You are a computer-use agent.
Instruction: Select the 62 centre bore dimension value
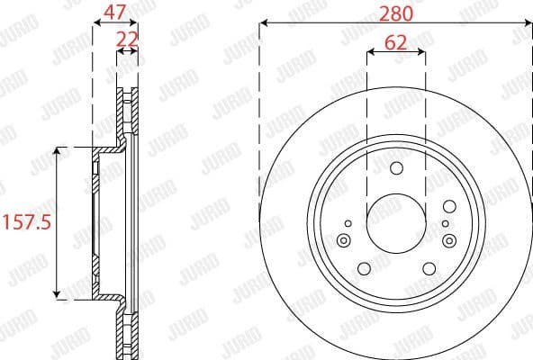coord(395,41)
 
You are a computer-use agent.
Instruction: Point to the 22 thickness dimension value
coord(127,40)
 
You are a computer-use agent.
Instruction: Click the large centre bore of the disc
coord(395,219)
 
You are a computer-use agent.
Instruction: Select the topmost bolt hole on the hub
coord(396,168)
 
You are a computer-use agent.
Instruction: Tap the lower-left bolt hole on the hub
coord(364,268)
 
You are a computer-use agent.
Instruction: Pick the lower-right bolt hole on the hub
coord(427,268)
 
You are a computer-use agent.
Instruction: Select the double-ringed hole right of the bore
coord(447,239)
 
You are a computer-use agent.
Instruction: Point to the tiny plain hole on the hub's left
coord(347,220)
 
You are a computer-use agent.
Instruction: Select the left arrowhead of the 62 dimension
coord(369,53)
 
